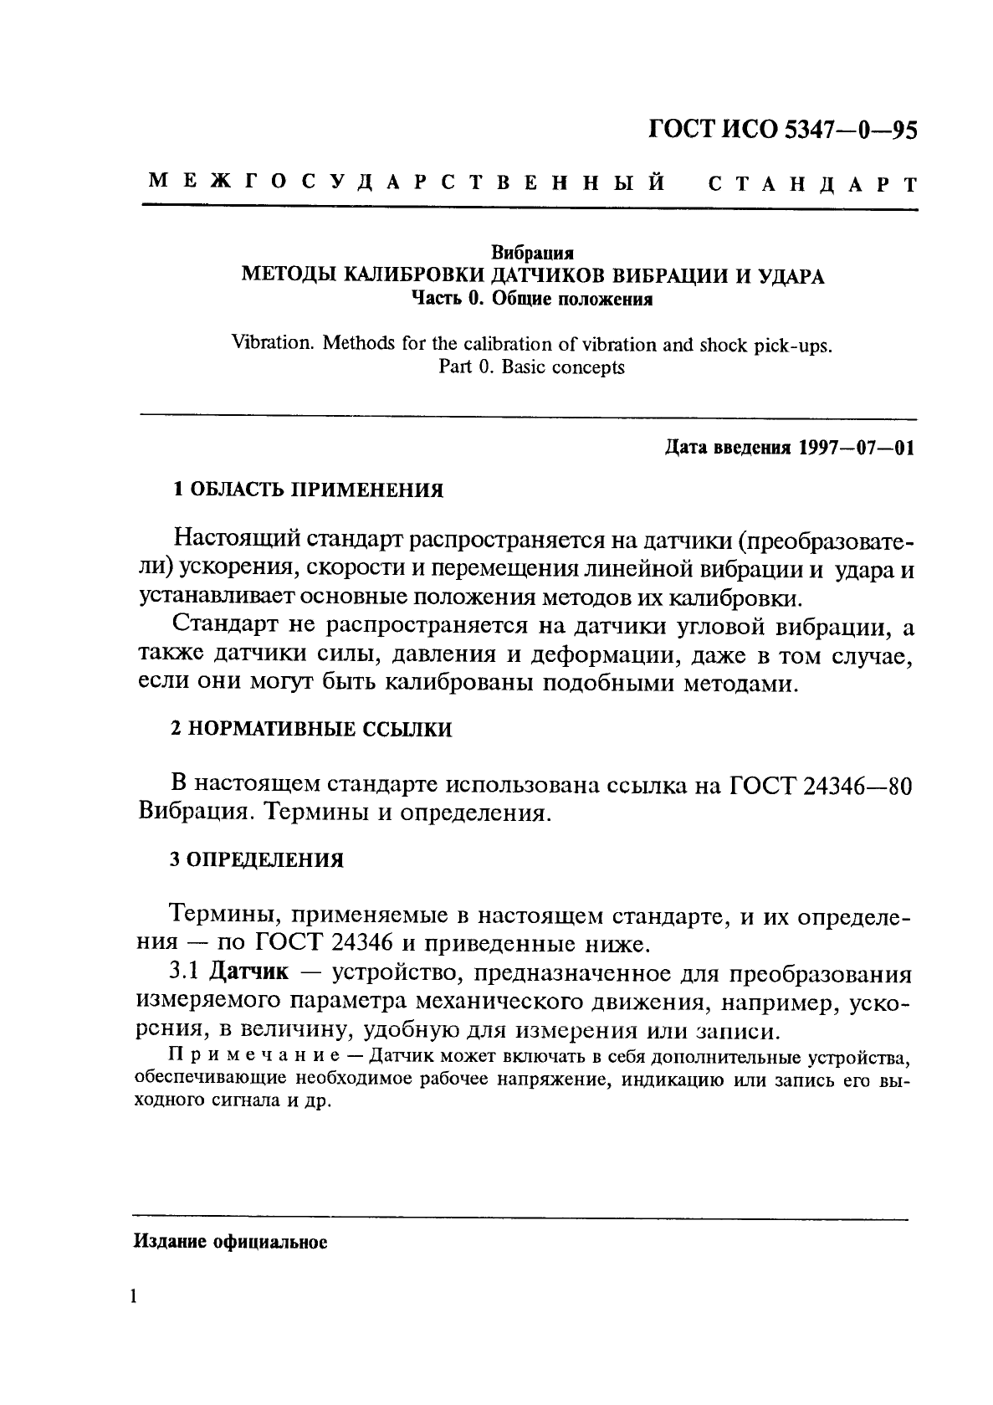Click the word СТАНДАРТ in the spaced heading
coord(812,183)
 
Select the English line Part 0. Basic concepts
coord(531,367)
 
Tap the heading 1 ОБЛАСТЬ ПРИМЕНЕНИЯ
coord(307,490)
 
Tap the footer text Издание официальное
coord(230,1243)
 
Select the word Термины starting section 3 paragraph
coord(218,915)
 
